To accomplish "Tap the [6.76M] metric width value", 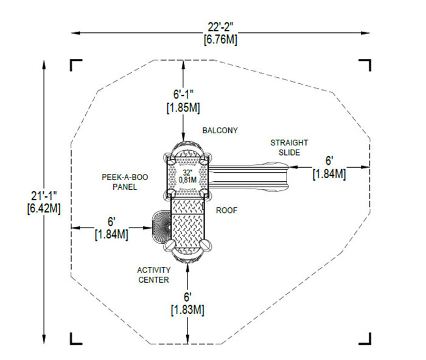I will [220, 40].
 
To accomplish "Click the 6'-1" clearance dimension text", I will [183, 95].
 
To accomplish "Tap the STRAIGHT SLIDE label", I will [289, 147].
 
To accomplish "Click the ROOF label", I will [226, 210].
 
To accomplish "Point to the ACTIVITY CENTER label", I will [153, 275].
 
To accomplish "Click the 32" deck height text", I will [189, 172].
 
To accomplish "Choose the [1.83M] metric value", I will [187, 310].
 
